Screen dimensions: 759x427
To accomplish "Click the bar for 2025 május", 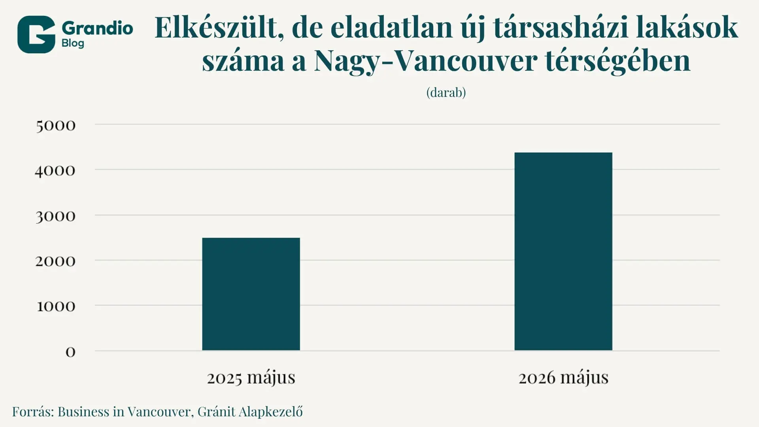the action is coord(251,294).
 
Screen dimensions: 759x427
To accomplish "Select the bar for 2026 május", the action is coord(563,251).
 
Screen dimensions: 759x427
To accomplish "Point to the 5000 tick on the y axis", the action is coord(56,126).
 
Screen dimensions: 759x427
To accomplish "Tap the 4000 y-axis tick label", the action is coord(55,171).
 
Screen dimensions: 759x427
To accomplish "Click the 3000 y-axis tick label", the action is coord(55,216).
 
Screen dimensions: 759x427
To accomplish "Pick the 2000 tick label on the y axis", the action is coord(55,261).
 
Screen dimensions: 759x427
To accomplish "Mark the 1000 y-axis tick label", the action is coord(56,306).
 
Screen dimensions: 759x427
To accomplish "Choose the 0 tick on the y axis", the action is coord(70,352).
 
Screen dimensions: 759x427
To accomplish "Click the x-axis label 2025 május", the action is coord(251,378).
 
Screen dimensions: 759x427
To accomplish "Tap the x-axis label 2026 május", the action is coord(563,378).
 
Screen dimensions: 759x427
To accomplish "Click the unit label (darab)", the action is coord(446,93).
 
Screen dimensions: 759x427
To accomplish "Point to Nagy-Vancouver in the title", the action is coord(425,61).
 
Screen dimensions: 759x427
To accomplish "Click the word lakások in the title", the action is coord(687,27).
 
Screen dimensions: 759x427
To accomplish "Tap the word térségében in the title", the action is coord(617,61).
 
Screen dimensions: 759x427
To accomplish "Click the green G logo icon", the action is coord(36,34).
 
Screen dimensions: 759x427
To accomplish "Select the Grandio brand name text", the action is coord(97,28).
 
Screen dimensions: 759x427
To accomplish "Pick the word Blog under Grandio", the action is coord(73,43).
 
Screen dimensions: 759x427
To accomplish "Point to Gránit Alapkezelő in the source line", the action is coord(250,412).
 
